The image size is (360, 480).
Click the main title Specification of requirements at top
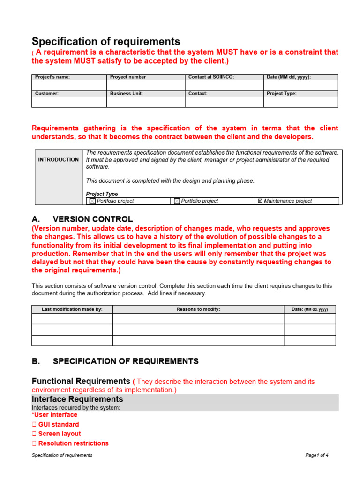click(105, 41)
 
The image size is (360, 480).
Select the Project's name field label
click(52, 77)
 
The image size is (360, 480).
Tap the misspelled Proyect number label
click(127, 77)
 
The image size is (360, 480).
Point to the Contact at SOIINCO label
click(211, 77)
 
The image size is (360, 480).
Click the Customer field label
click(46, 93)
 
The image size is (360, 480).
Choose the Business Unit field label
click(126, 93)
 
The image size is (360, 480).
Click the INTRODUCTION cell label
click(58, 160)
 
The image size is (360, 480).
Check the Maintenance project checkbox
click(260, 201)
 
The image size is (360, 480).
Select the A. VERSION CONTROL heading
click(82, 219)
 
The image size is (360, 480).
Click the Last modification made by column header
click(72, 309)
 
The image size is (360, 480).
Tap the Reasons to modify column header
click(198, 309)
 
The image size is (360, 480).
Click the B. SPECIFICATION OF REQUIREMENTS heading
click(115, 361)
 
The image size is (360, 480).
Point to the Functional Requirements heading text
click(81, 381)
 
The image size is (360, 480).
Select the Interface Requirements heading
click(77, 399)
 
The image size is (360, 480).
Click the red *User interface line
click(54, 415)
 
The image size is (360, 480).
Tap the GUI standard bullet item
click(58, 424)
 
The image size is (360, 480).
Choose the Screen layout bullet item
click(59, 434)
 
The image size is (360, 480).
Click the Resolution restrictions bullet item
click(73, 443)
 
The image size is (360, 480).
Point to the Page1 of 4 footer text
click(316, 455)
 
